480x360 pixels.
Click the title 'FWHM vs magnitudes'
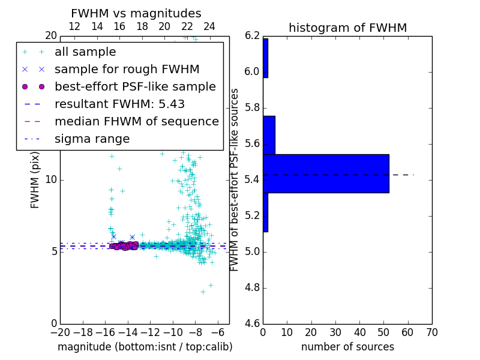point(136,13)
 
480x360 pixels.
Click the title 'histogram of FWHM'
point(347,28)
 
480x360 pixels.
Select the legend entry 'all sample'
point(85,52)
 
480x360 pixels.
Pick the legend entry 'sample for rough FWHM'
point(127,70)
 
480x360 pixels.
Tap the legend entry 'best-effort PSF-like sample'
point(135,87)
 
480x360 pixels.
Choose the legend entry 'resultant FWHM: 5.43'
point(119,104)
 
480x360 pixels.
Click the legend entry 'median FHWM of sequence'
point(136,122)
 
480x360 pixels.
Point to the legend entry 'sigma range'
point(92,139)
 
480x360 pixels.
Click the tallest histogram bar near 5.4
point(326,173)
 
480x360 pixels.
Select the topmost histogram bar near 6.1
point(265,58)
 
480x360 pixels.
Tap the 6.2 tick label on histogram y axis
point(252,35)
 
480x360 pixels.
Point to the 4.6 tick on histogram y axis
point(252,323)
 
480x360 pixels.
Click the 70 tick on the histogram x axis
point(431,332)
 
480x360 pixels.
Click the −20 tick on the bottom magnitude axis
point(60,332)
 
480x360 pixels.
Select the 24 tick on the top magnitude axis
point(209,26)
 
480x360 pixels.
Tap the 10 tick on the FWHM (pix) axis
point(51,179)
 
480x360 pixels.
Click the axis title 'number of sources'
point(347,347)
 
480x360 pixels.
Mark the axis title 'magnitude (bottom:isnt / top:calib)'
point(145,347)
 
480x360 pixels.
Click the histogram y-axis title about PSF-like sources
point(235,179)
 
